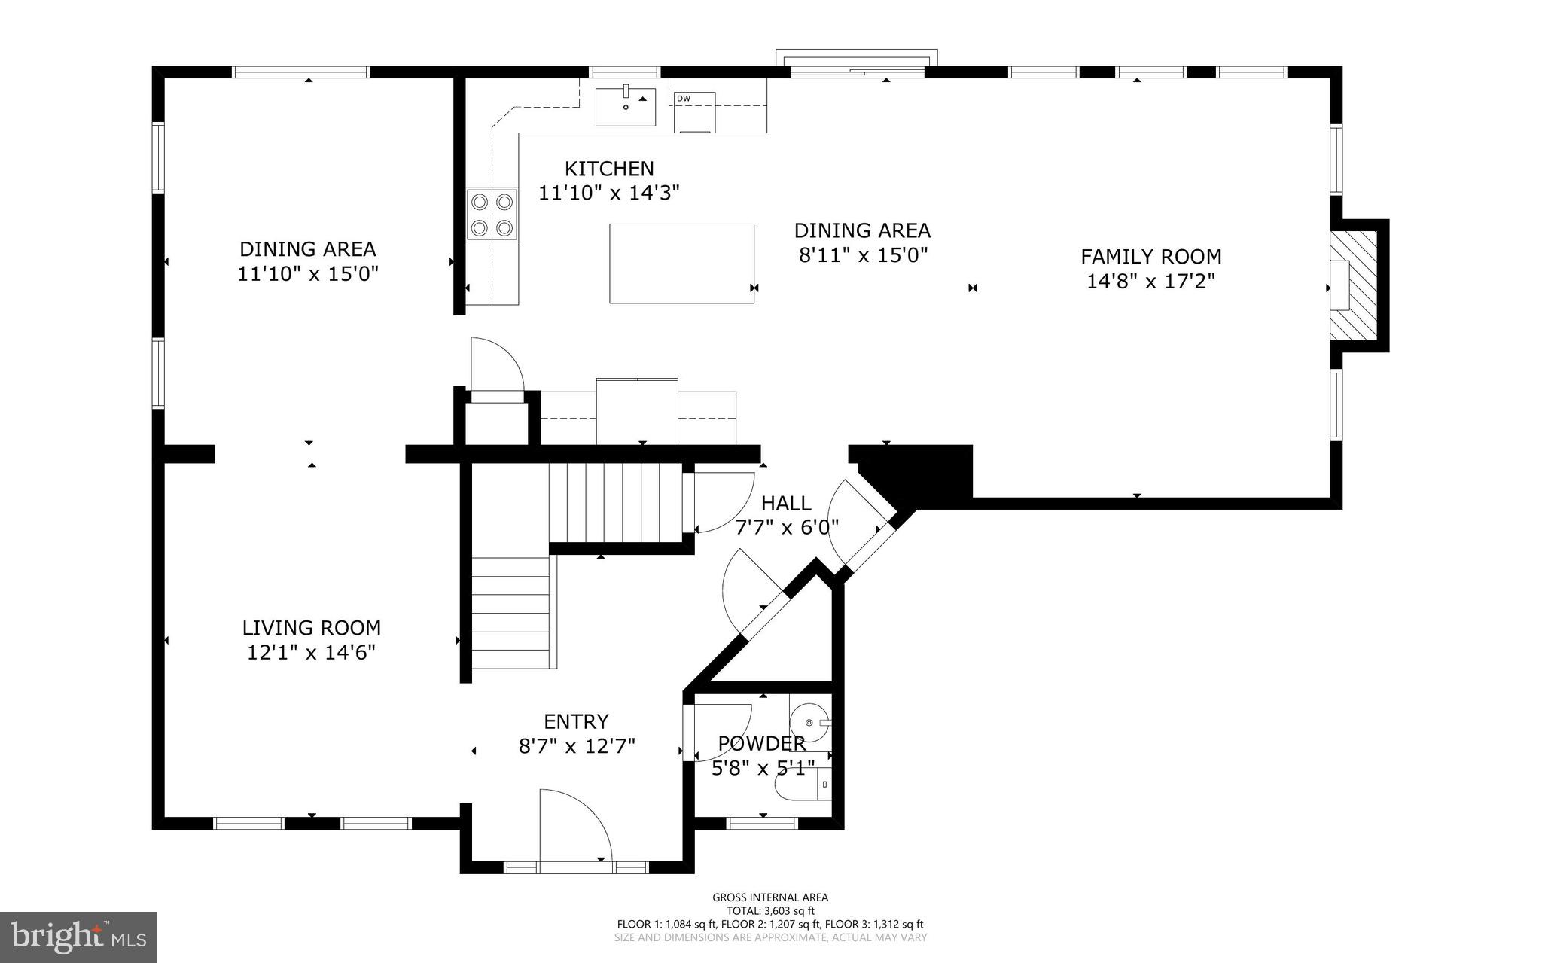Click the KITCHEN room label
pyautogui.click(x=609, y=169)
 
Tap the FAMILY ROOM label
pyautogui.click(x=1150, y=257)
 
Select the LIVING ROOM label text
pyautogui.click(x=311, y=628)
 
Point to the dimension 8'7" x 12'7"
pyautogui.click(x=577, y=746)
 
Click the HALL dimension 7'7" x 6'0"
pyautogui.click(x=786, y=527)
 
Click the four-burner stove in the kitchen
pyautogui.click(x=492, y=215)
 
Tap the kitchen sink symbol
pyautogui.click(x=626, y=106)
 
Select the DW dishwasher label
pyautogui.click(x=683, y=99)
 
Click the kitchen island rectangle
pyautogui.click(x=681, y=264)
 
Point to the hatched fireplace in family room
pyautogui.click(x=1354, y=285)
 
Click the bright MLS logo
pyautogui.click(x=78, y=937)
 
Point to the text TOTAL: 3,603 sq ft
pyautogui.click(x=770, y=910)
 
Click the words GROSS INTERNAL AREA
pyautogui.click(x=770, y=897)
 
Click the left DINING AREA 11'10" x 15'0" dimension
pyautogui.click(x=308, y=273)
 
